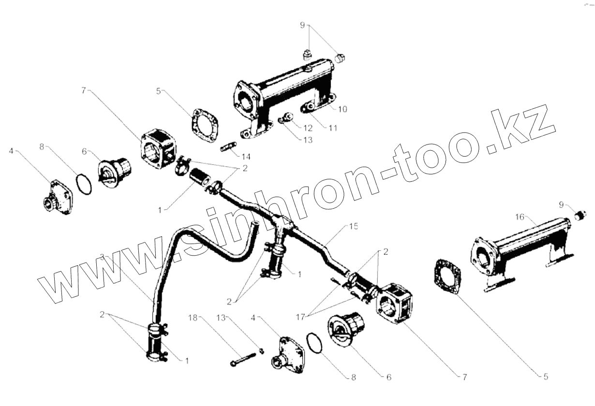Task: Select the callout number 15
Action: pyautogui.click(x=354, y=227)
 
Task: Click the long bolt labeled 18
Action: pyautogui.click(x=246, y=360)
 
